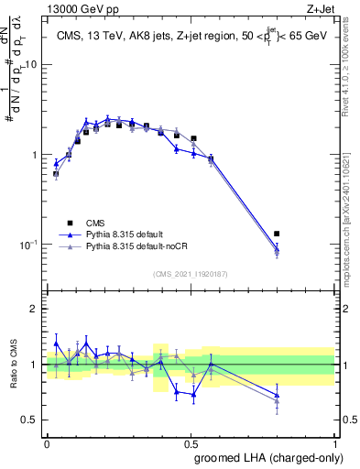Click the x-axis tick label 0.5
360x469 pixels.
tap(191, 442)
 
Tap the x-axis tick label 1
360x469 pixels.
tap(334, 442)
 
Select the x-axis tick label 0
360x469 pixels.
tap(47, 442)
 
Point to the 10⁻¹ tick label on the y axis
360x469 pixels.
tap(30, 245)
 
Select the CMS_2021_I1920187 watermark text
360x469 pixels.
tap(191, 274)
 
